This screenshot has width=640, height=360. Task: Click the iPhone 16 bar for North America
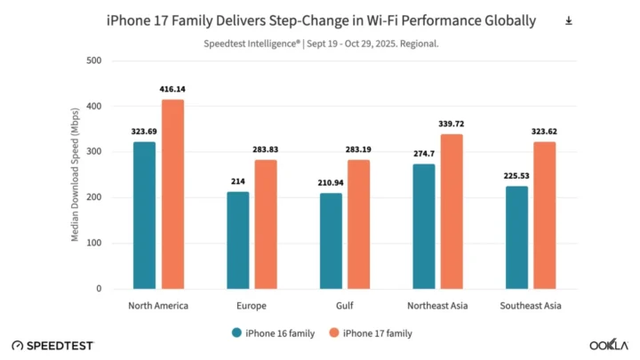pyautogui.click(x=144, y=215)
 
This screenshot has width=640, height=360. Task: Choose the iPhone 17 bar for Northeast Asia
pyautogui.click(x=452, y=212)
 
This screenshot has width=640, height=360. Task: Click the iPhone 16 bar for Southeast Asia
pyautogui.click(x=516, y=237)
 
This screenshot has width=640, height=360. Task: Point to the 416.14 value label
pyautogui.click(x=173, y=90)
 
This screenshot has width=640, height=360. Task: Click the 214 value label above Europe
pyautogui.click(x=237, y=181)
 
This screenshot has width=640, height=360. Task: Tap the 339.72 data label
pyautogui.click(x=452, y=124)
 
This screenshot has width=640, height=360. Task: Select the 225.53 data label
pyautogui.click(x=516, y=176)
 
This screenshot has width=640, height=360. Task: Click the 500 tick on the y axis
pyautogui.click(x=94, y=60)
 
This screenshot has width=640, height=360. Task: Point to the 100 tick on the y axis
pyautogui.click(x=94, y=243)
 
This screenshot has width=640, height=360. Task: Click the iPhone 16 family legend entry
pyautogui.click(x=276, y=332)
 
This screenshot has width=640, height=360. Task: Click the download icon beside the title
pyautogui.click(x=568, y=20)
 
